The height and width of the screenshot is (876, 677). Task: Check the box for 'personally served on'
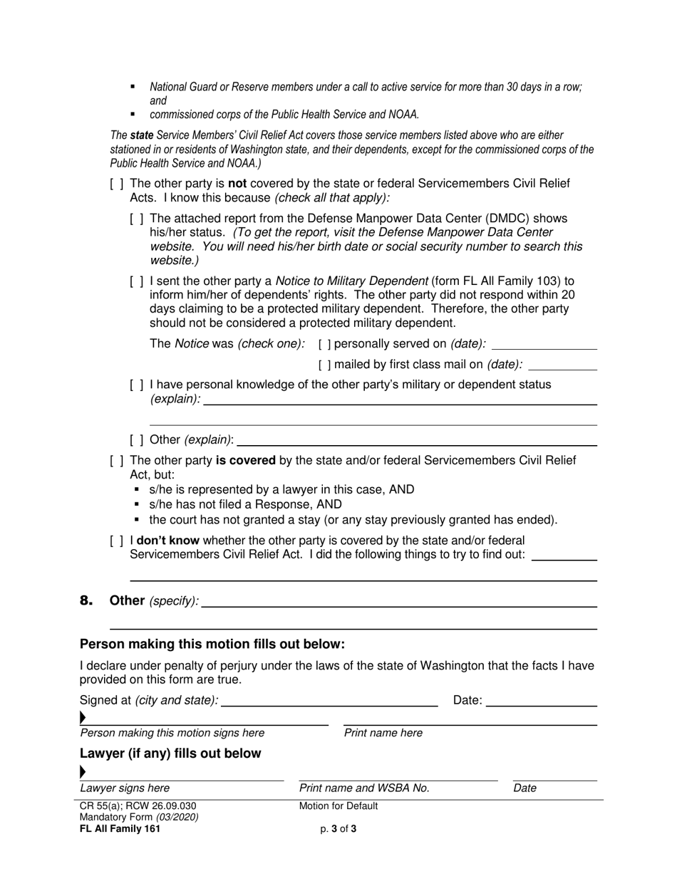[x=324, y=344]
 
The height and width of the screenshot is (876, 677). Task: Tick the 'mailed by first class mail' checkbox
[x=324, y=365]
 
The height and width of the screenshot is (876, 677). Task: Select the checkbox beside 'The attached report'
[x=137, y=219]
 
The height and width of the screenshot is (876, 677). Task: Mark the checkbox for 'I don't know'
[x=117, y=541]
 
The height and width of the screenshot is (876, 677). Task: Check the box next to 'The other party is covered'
[x=117, y=461]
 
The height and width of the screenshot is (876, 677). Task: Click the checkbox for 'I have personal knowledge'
[x=137, y=385]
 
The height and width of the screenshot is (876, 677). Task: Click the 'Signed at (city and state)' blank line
[x=329, y=701]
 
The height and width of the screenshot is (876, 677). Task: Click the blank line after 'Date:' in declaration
[x=541, y=701]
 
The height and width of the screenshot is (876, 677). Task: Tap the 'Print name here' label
[x=383, y=733]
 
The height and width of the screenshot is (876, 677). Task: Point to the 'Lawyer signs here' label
[x=125, y=788]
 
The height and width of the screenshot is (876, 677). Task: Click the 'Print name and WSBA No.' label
[x=364, y=788]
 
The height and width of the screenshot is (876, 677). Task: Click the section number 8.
[x=86, y=600]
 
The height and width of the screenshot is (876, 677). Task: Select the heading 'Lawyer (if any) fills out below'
[x=170, y=754]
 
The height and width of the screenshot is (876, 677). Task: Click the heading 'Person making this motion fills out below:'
[x=212, y=645]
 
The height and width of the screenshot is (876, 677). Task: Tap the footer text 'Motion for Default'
[x=338, y=806]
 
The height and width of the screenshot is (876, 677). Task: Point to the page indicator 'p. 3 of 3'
[x=338, y=828]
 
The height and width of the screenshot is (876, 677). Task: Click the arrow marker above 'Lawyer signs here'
[x=83, y=772]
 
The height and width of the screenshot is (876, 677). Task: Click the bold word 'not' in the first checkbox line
[x=237, y=184]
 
